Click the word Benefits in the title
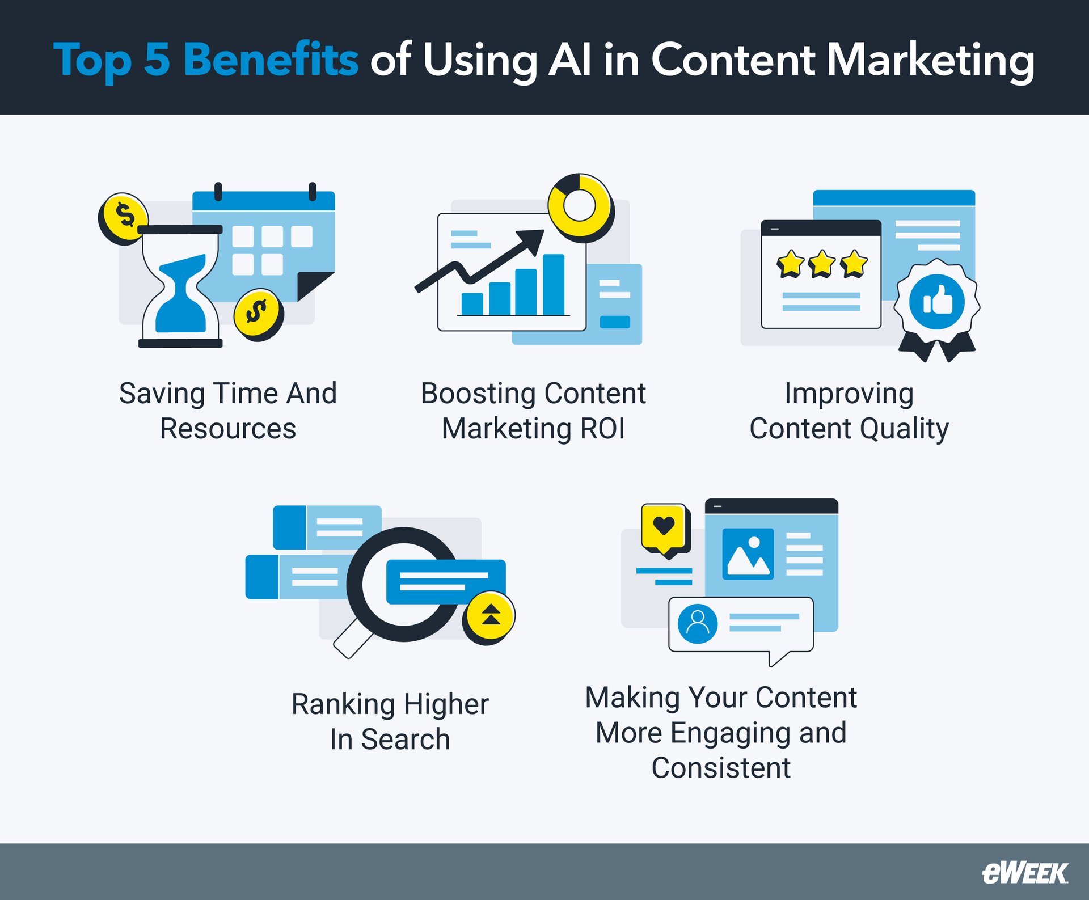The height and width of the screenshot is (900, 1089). pos(271,60)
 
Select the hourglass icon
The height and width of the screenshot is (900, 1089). pos(181,286)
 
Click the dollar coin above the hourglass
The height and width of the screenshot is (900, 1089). pos(124,217)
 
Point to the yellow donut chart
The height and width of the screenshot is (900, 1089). pos(580,205)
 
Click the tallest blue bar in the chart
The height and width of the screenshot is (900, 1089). pos(554,284)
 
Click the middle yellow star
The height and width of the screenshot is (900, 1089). pos(822,264)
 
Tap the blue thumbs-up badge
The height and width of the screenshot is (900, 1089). pos(937,302)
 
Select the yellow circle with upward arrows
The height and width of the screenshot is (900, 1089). pos(490,616)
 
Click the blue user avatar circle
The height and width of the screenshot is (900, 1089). pos(698,623)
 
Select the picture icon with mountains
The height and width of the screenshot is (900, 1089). pos(748,553)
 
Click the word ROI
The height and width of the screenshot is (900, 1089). pos(602,429)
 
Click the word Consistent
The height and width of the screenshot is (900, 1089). pos(721,768)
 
